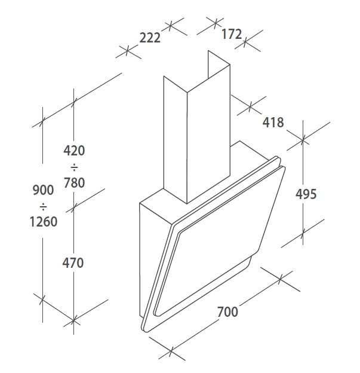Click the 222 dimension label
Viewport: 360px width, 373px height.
(150, 38)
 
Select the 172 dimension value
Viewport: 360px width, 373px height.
(232, 34)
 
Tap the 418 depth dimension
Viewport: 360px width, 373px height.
(273, 123)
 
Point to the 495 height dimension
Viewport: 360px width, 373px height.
(306, 194)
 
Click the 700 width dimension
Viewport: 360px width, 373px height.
(227, 311)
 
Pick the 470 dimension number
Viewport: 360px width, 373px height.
(73, 263)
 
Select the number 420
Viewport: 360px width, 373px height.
(74, 151)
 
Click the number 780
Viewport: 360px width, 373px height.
(74, 183)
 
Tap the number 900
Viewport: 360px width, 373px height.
(43, 190)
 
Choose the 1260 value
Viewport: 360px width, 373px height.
(44, 222)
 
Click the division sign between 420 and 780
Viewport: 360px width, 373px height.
(74, 168)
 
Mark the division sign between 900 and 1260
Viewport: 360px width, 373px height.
(43, 207)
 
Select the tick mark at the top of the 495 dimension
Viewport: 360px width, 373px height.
(303, 140)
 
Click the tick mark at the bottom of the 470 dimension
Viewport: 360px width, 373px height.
(73, 321)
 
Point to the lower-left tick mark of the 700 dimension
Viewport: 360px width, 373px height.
(171, 351)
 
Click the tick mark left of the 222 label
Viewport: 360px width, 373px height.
(128, 51)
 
